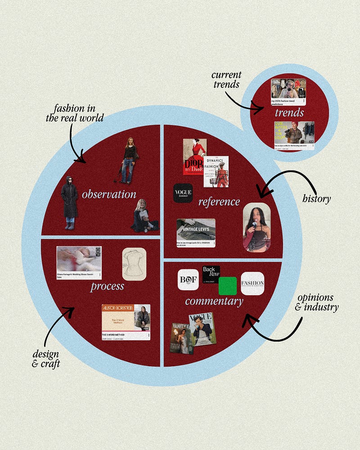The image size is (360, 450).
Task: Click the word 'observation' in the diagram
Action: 109,194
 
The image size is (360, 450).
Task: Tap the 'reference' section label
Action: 219,201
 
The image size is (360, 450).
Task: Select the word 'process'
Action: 107,286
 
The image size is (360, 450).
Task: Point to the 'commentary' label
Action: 214,301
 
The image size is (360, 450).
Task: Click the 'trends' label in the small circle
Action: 289,112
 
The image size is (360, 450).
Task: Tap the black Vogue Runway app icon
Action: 183,193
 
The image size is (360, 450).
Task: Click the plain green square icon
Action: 227,286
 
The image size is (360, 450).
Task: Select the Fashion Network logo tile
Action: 252,283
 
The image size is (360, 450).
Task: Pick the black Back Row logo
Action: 211,274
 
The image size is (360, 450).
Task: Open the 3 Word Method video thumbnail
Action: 126,322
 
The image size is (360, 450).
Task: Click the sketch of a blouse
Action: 134,264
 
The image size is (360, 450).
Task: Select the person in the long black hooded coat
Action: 69,202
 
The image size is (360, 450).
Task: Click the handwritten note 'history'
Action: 316,198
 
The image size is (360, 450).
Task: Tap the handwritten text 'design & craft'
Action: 46,358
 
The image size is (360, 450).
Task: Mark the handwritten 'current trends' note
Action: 226,79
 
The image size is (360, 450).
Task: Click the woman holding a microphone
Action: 256,227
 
